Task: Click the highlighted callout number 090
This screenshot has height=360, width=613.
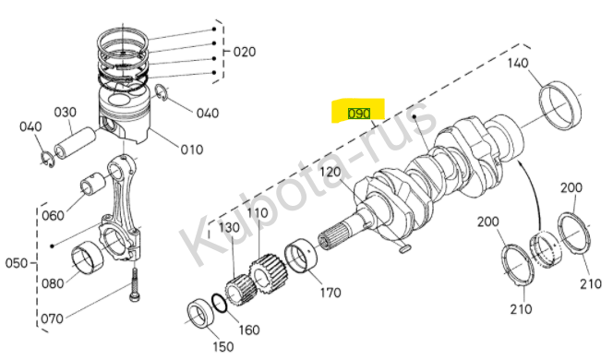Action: pos(359,114)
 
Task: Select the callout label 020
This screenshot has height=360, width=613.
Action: pos(245,52)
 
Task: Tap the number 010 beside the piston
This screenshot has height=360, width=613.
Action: pos(192,150)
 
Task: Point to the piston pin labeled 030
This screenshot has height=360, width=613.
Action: pos(75,143)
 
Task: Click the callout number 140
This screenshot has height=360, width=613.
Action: pos(518,63)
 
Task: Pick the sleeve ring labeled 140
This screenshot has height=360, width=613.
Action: pos(559,105)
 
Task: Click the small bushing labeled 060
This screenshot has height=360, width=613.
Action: pos(93,185)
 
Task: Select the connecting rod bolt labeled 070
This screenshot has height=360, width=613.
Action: pos(134,285)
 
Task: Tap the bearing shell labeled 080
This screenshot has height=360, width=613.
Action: pos(87,258)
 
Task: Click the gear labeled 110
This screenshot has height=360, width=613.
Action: pos(268,273)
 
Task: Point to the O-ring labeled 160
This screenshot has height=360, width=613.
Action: pos(219,304)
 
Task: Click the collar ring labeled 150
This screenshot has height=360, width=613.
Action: pos(201,313)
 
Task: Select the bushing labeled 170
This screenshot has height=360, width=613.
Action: pos(301,256)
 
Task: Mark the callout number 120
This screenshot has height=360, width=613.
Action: pos(331,172)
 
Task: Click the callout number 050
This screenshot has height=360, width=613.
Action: pos(17,263)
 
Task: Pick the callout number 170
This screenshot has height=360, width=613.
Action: pos(331,293)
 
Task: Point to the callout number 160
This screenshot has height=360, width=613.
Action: pos(249,330)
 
